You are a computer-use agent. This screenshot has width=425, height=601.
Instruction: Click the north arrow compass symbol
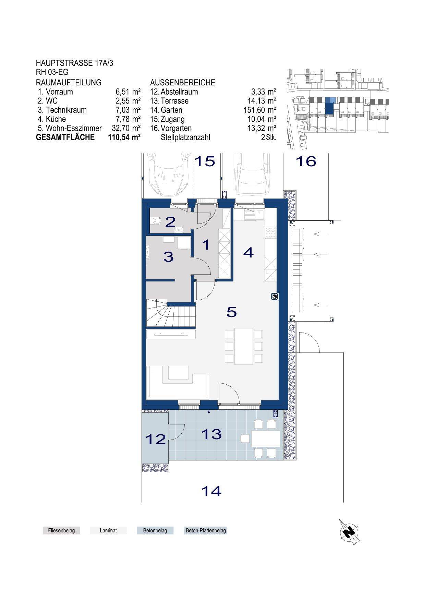349,532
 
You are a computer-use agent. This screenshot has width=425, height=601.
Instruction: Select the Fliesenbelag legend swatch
62,530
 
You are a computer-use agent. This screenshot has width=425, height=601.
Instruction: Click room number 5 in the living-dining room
232,312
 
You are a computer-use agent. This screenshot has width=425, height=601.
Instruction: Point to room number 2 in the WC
170,222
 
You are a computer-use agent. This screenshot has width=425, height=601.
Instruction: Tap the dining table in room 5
244,346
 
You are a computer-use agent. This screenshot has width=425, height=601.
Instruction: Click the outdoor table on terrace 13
266,438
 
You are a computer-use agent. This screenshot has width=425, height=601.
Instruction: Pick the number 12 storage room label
156,439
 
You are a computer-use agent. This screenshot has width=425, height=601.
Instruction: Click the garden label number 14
211,491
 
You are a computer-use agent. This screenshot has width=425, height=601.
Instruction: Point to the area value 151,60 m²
259,110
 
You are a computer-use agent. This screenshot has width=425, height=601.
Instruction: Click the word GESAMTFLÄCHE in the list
65,137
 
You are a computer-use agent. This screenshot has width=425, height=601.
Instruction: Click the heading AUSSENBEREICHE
183,83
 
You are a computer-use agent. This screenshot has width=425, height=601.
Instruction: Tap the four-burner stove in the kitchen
270,232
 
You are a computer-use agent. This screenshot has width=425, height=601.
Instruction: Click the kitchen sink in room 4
253,215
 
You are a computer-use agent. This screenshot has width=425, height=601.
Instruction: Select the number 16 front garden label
306,161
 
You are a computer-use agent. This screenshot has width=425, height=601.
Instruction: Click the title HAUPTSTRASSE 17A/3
74,63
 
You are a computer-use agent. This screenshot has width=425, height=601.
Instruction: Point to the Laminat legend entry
108,530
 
